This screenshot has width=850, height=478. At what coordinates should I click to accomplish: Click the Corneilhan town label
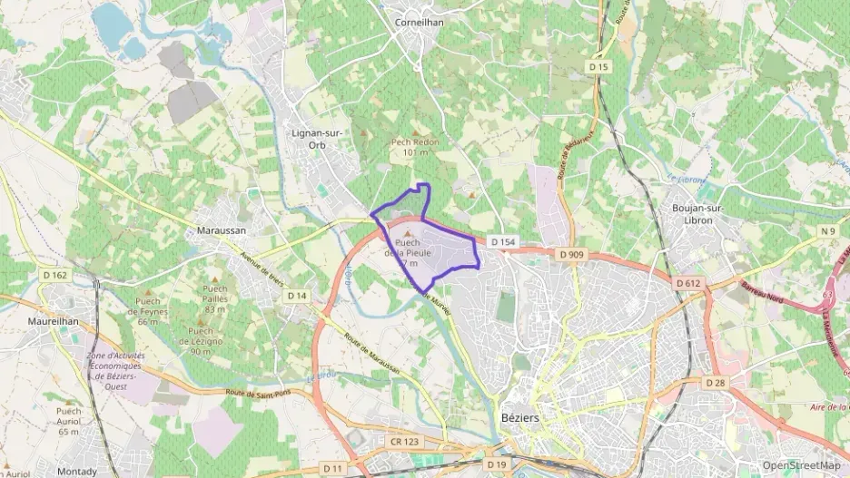pyautogui.click(x=419, y=22)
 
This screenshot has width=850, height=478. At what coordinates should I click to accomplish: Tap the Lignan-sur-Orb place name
pyautogui.click(x=316, y=138)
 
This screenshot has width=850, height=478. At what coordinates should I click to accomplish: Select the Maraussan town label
pyautogui.click(x=221, y=231)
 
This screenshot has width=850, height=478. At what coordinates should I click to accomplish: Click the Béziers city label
pyautogui.click(x=519, y=418)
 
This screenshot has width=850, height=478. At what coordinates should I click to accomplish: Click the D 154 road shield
pyautogui.click(x=502, y=242)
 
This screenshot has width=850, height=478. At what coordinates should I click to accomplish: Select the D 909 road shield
pyautogui.click(x=572, y=255)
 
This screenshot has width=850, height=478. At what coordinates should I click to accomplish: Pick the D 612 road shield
pyautogui.click(x=688, y=284)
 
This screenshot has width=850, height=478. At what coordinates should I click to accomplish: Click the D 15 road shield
pyautogui.click(x=598, y=67)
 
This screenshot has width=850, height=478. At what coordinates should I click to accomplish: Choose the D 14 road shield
pyautogui.click(x=297, y=296)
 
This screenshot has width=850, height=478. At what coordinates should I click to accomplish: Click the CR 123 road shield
pyautogui.click(x=406, y=442)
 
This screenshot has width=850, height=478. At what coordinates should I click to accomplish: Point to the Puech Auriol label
pyautogui.click(x=69, y=415)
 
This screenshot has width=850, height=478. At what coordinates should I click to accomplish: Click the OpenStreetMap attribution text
pyautogui.click(x=801, y=465)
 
